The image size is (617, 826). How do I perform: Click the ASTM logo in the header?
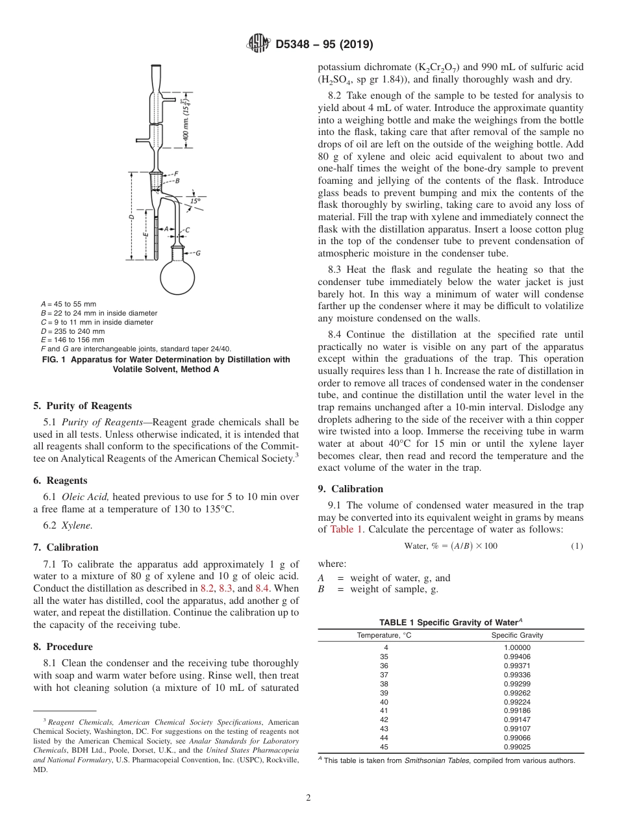(259, 44)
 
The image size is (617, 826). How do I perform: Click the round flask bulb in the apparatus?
(178, 277)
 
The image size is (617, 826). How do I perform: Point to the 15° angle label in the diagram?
(195, 201)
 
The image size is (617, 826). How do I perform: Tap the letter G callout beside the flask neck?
(197, 253)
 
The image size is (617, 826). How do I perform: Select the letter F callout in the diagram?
(176, 173)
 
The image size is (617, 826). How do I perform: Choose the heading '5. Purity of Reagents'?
(82, 406)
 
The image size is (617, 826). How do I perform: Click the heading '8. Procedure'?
(62, 647)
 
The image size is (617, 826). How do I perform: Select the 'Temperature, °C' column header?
(384, 635)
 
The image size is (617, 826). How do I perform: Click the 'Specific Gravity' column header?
(517, 635)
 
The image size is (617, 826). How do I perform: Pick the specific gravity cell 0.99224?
(517, 702)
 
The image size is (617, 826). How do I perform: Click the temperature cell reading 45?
(384, 747)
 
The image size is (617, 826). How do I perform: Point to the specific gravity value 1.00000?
(517, 647)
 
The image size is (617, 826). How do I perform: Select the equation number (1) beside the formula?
(577, 546)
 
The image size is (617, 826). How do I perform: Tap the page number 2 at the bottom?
(308, 798)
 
